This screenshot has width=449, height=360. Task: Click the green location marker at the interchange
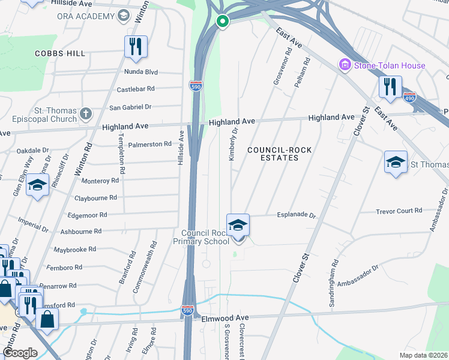click(x=223, y=23)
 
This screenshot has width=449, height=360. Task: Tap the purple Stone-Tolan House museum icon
click(x=345, y=65)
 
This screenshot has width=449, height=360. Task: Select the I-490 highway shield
click(x=409, y=97)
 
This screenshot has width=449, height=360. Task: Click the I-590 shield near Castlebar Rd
click(x=196, y=86)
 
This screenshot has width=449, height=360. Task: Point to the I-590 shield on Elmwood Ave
click(x=187, y=310)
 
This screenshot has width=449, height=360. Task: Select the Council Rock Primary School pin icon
click(x=238, y=226)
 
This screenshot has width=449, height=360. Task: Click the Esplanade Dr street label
click(x=296, y=214)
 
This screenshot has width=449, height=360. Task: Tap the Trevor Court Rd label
click(x=399, y=211)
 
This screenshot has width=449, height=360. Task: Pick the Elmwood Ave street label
click(x=225, y=318)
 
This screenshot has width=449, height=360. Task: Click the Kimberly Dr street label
click(x=234, y=139)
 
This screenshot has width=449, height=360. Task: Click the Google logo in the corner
click(x=20, y=352)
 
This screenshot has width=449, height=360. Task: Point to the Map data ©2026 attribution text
click(x=424, y=355)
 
